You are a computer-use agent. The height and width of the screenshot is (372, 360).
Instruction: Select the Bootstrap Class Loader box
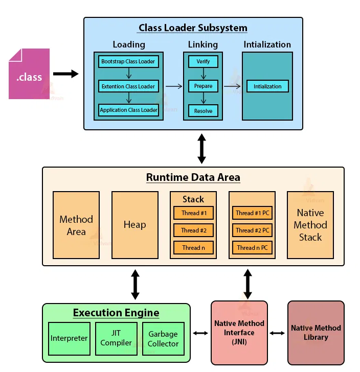pos(128,62)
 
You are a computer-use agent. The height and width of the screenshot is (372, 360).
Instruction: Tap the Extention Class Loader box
pos(128,86)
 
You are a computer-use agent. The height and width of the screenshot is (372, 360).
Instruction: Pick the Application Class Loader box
pos(128,110)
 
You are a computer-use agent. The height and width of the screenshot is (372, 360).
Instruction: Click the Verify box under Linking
pos(203,62)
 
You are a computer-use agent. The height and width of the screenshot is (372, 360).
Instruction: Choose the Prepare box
pos(203,86)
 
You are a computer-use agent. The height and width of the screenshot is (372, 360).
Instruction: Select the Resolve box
pos(203,110)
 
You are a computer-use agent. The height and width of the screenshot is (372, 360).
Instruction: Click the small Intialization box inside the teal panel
pos(267,86)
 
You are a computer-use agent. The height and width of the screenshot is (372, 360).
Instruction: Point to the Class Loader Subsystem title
pos(193,28)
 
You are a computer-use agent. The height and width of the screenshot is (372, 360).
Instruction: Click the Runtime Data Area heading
pos(193,178)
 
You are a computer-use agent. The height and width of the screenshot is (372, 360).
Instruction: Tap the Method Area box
pos(76,225)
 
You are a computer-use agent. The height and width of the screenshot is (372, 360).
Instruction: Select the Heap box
pos(134,225)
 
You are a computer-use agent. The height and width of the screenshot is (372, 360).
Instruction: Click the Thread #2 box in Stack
pos(193,230)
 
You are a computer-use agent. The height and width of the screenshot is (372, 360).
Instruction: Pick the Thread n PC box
pos(252,248)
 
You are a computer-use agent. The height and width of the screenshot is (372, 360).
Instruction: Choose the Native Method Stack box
pos(310,225)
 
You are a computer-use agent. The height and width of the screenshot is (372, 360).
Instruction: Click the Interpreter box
pos(69,338)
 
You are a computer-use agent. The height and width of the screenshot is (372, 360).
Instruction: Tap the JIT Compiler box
pos(116,338)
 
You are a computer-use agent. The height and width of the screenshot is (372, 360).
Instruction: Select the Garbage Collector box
pos(163,338)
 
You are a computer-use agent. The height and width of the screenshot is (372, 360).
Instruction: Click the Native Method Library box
pos(316,333)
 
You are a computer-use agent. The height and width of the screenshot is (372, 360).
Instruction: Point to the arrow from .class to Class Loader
pos(66,74)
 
